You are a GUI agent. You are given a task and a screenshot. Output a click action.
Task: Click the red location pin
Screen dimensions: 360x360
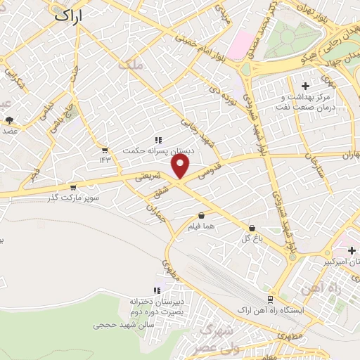click(x=181, y=167)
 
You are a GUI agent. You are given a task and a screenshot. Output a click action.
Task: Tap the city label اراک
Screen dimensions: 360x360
click(x=68, y=13)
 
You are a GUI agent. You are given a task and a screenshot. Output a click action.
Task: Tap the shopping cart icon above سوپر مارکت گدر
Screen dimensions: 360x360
click(x=73, y=187)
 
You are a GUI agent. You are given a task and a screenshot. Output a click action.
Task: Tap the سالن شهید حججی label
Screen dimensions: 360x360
click(x=124, y=326)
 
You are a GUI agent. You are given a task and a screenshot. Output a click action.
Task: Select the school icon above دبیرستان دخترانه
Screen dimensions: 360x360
click(x=157, y=290)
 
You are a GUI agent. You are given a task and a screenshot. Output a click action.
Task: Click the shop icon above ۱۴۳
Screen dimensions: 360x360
click(x=105, y=150)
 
